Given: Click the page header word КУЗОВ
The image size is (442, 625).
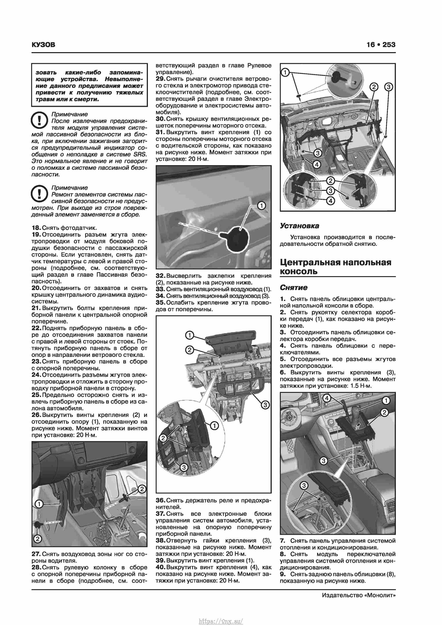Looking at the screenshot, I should tap(43, 45).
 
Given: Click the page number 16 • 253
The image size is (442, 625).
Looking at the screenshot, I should tap(381, 45).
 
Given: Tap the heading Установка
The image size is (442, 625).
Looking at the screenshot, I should tap(299, 226).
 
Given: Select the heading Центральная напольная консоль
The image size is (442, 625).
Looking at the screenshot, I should tap(335, 267).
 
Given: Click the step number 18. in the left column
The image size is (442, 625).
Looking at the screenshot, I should tap(36, 228).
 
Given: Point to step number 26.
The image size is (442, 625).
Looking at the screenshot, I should tap(36, 415).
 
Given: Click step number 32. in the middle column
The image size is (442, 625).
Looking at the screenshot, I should tap(161, 276).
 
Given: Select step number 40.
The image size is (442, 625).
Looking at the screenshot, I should tap(161, 567).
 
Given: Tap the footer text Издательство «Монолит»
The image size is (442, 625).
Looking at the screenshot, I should tap(358, 595).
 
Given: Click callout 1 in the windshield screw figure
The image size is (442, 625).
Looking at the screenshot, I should tap(261, 206).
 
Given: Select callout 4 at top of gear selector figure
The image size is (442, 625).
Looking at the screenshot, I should tap(327, 398).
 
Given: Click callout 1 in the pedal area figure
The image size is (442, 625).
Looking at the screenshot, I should tap(39, 504).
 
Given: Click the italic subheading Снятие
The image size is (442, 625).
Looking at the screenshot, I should tap(294, 288).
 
